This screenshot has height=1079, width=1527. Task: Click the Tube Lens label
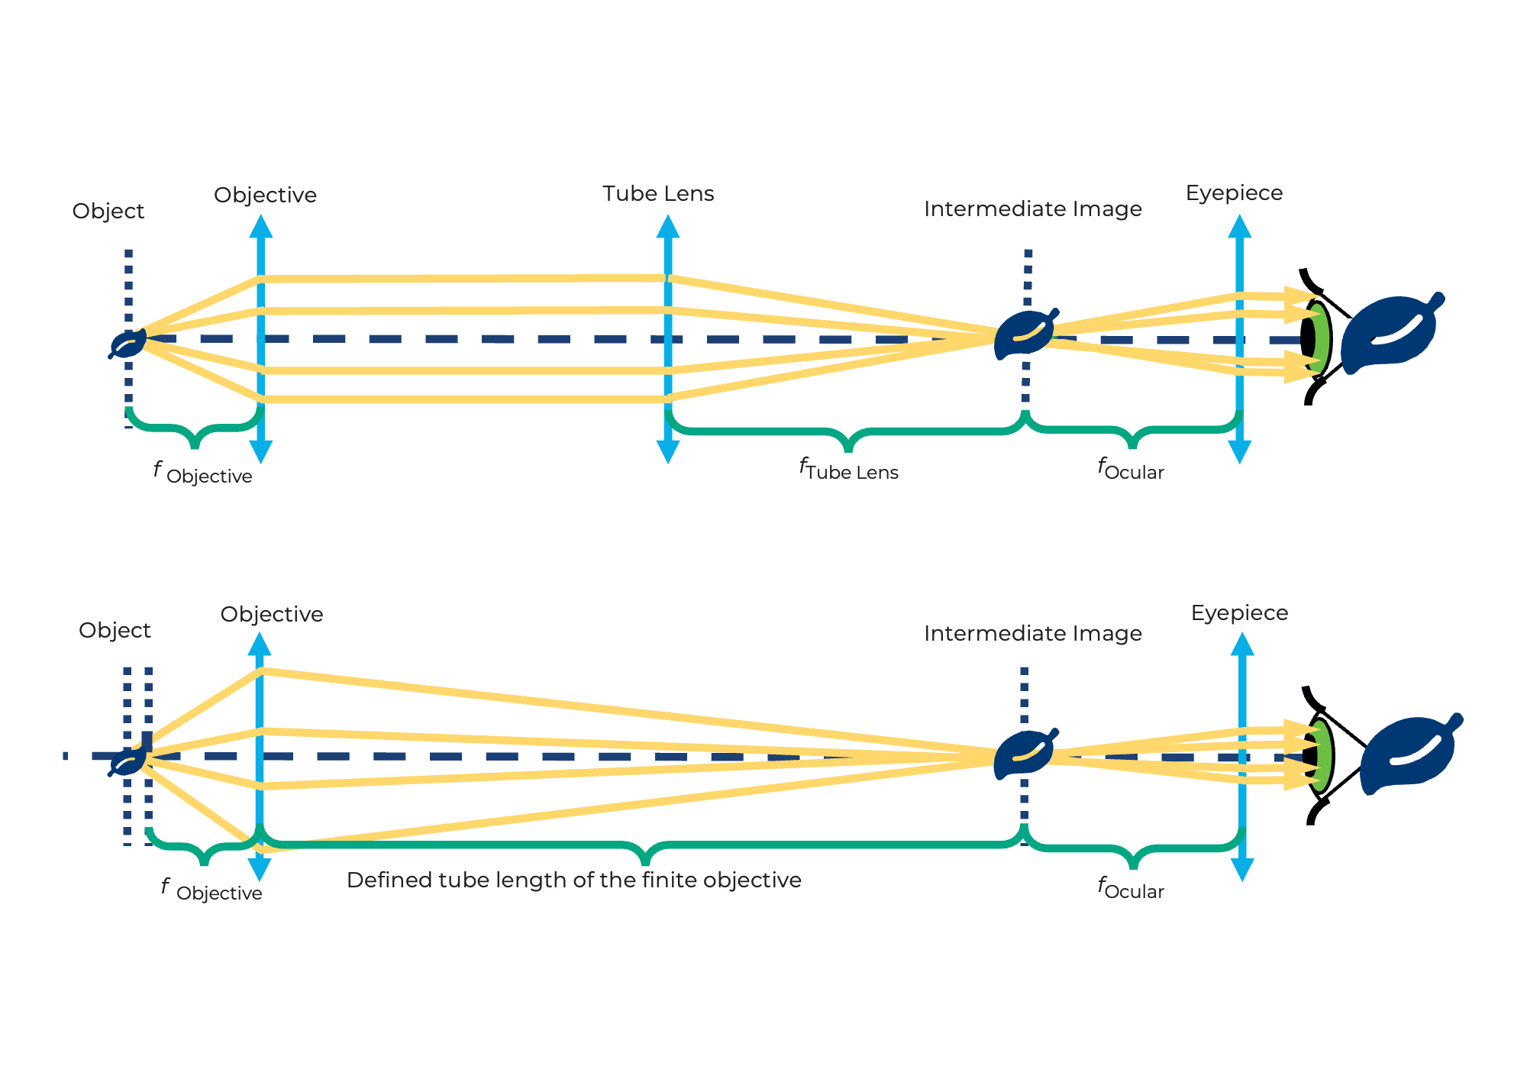point(658,194)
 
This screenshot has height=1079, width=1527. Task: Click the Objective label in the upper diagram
point(265,195)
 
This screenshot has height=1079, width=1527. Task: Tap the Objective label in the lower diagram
point(272,615)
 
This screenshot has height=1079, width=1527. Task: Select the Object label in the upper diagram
point(108,212)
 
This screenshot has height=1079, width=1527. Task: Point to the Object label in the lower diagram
point(115,631)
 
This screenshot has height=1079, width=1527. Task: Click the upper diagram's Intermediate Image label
point(1032,209)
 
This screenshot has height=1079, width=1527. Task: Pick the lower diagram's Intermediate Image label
point(1032,634)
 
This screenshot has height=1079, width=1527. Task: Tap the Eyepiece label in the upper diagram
point(1234,193)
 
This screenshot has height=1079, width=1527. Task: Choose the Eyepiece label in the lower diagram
point(1239,613)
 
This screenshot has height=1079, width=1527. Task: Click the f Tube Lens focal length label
point(849,469)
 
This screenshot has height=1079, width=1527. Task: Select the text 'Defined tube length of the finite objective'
point(574,880)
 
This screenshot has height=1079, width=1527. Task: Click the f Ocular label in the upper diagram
point(1131,469)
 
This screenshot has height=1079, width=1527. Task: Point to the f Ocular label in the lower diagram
point(1131,888)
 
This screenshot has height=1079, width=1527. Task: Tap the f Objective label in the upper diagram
point(203,473)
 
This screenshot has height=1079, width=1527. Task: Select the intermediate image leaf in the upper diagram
point(1025,334)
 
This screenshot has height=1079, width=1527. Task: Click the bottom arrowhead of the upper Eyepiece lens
point(1239,453)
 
